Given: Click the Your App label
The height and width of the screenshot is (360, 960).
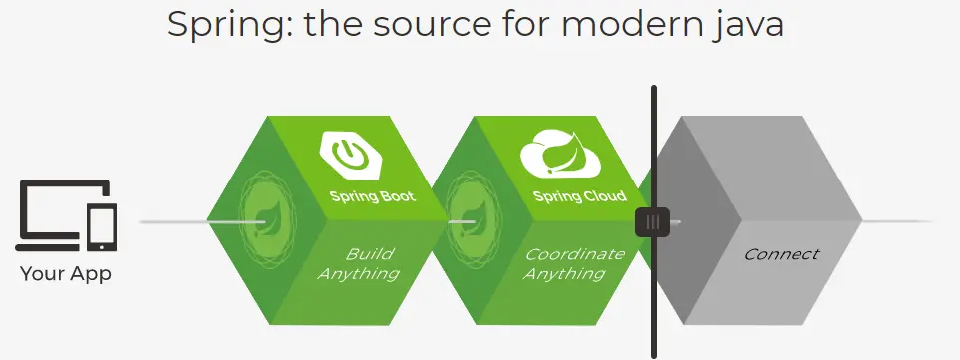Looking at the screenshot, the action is (x=66, y=273).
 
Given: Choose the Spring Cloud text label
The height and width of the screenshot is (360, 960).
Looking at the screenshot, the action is (x=579, y=197).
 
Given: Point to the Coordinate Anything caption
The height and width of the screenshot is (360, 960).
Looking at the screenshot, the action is (x=574, y=263).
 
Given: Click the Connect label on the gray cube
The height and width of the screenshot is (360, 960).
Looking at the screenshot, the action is (x=782, y=254).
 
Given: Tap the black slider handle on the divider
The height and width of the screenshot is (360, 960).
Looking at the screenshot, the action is (x=652, y=221).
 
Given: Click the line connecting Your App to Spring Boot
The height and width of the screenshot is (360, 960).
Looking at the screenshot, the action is (x=173, y=221).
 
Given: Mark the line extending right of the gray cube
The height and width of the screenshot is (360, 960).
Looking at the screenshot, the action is (x=897, y=221).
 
